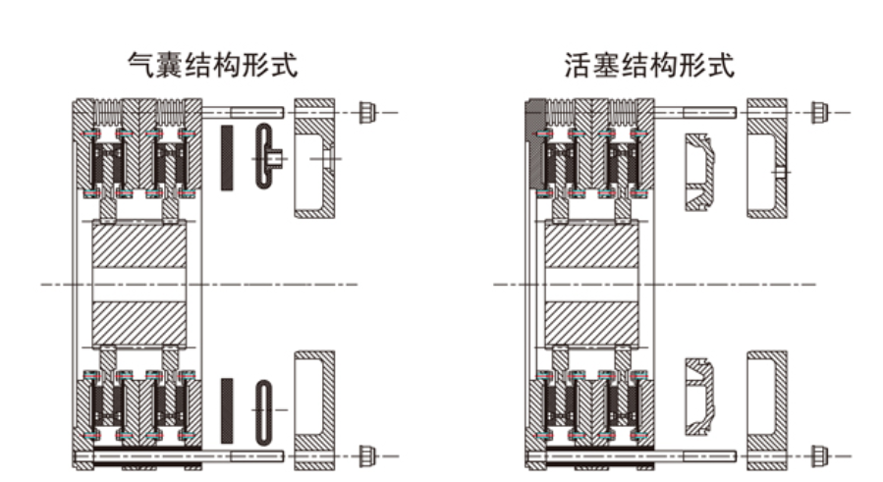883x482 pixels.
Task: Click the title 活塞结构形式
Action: pyautogui.click(x=650, y=66)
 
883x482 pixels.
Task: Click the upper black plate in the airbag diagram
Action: pyautogui.click(x=228, y=157)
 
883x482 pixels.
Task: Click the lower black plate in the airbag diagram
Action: pyautogui.click(x=228, y=407)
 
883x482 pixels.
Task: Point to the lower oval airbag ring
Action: pyautogui.click(x=264, y=407)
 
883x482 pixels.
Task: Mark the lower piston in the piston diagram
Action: pyautogui.click(x=699, y=393)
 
